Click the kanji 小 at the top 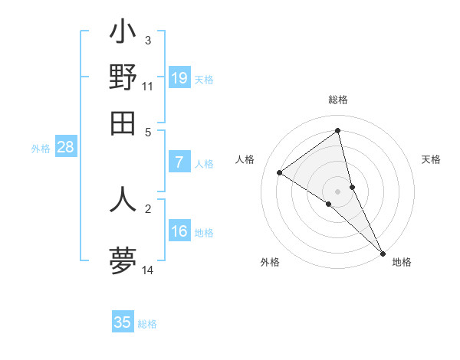(123, 34)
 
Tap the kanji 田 (123, 123)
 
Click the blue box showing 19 (179, 78)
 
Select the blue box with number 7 (179, 162)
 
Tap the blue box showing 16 (179, 231)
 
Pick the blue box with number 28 (65, 148)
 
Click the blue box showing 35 (123, 322)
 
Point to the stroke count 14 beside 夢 (148, 270)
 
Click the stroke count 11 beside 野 (148, 87)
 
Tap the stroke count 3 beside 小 (148, 40)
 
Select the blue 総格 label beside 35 (147, 324)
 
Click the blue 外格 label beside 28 (40, 149)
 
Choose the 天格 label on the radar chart (431, 159)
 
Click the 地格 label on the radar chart (402, 262)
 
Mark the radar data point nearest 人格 (280, 173)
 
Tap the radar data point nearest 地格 (382, 252)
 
